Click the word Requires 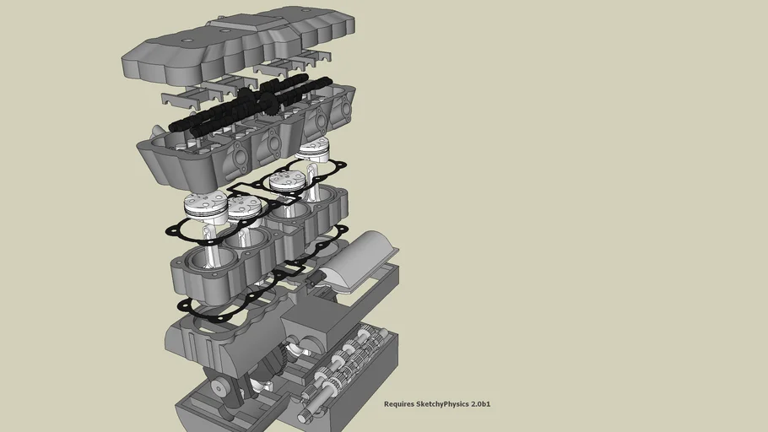pos(400,404)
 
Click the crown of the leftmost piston pos(205,202)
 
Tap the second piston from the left pos(245,206)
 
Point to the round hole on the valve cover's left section pos(184,40)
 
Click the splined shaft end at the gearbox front pos(305,413)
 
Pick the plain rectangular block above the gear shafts pos(316,321)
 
